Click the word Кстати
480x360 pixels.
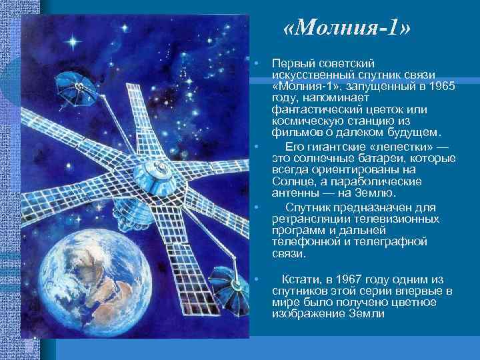click(302, 279)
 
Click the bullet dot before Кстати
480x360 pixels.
click(257, 279)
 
